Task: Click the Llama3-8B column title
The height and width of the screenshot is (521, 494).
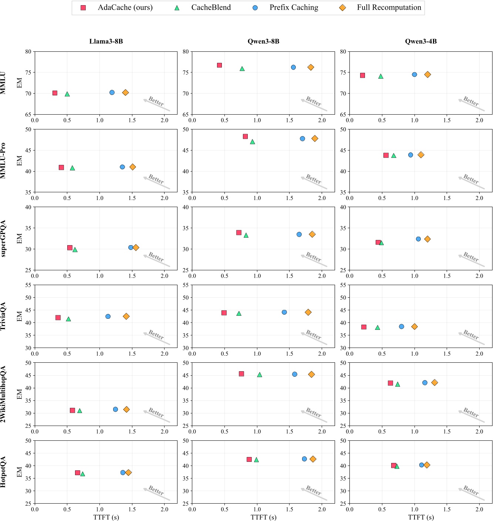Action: [106, 41]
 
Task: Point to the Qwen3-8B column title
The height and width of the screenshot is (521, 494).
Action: [263, 41]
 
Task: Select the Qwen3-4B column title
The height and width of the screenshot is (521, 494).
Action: [421, 41]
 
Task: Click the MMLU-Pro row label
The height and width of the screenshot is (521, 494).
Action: [3, 160]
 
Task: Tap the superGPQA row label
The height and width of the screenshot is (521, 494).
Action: [3, 238]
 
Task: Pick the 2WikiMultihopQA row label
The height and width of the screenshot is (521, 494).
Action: [3, 394]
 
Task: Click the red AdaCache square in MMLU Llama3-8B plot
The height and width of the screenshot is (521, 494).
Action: [55, 93]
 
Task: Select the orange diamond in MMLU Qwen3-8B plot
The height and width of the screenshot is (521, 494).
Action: [311, 67]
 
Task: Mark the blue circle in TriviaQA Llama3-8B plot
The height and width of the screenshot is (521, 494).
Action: [108, 317]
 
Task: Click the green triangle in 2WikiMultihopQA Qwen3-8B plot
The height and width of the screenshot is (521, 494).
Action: [260, 375]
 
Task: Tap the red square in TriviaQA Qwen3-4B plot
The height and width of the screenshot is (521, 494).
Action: [364, 327]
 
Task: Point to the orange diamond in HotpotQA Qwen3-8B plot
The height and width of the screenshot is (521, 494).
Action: [313, 459]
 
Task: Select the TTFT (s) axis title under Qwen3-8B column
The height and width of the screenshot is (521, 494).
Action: [263, 517]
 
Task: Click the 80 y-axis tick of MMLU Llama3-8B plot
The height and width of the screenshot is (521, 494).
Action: [28, 52]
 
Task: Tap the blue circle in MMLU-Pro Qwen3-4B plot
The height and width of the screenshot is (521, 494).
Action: [410, 155]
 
